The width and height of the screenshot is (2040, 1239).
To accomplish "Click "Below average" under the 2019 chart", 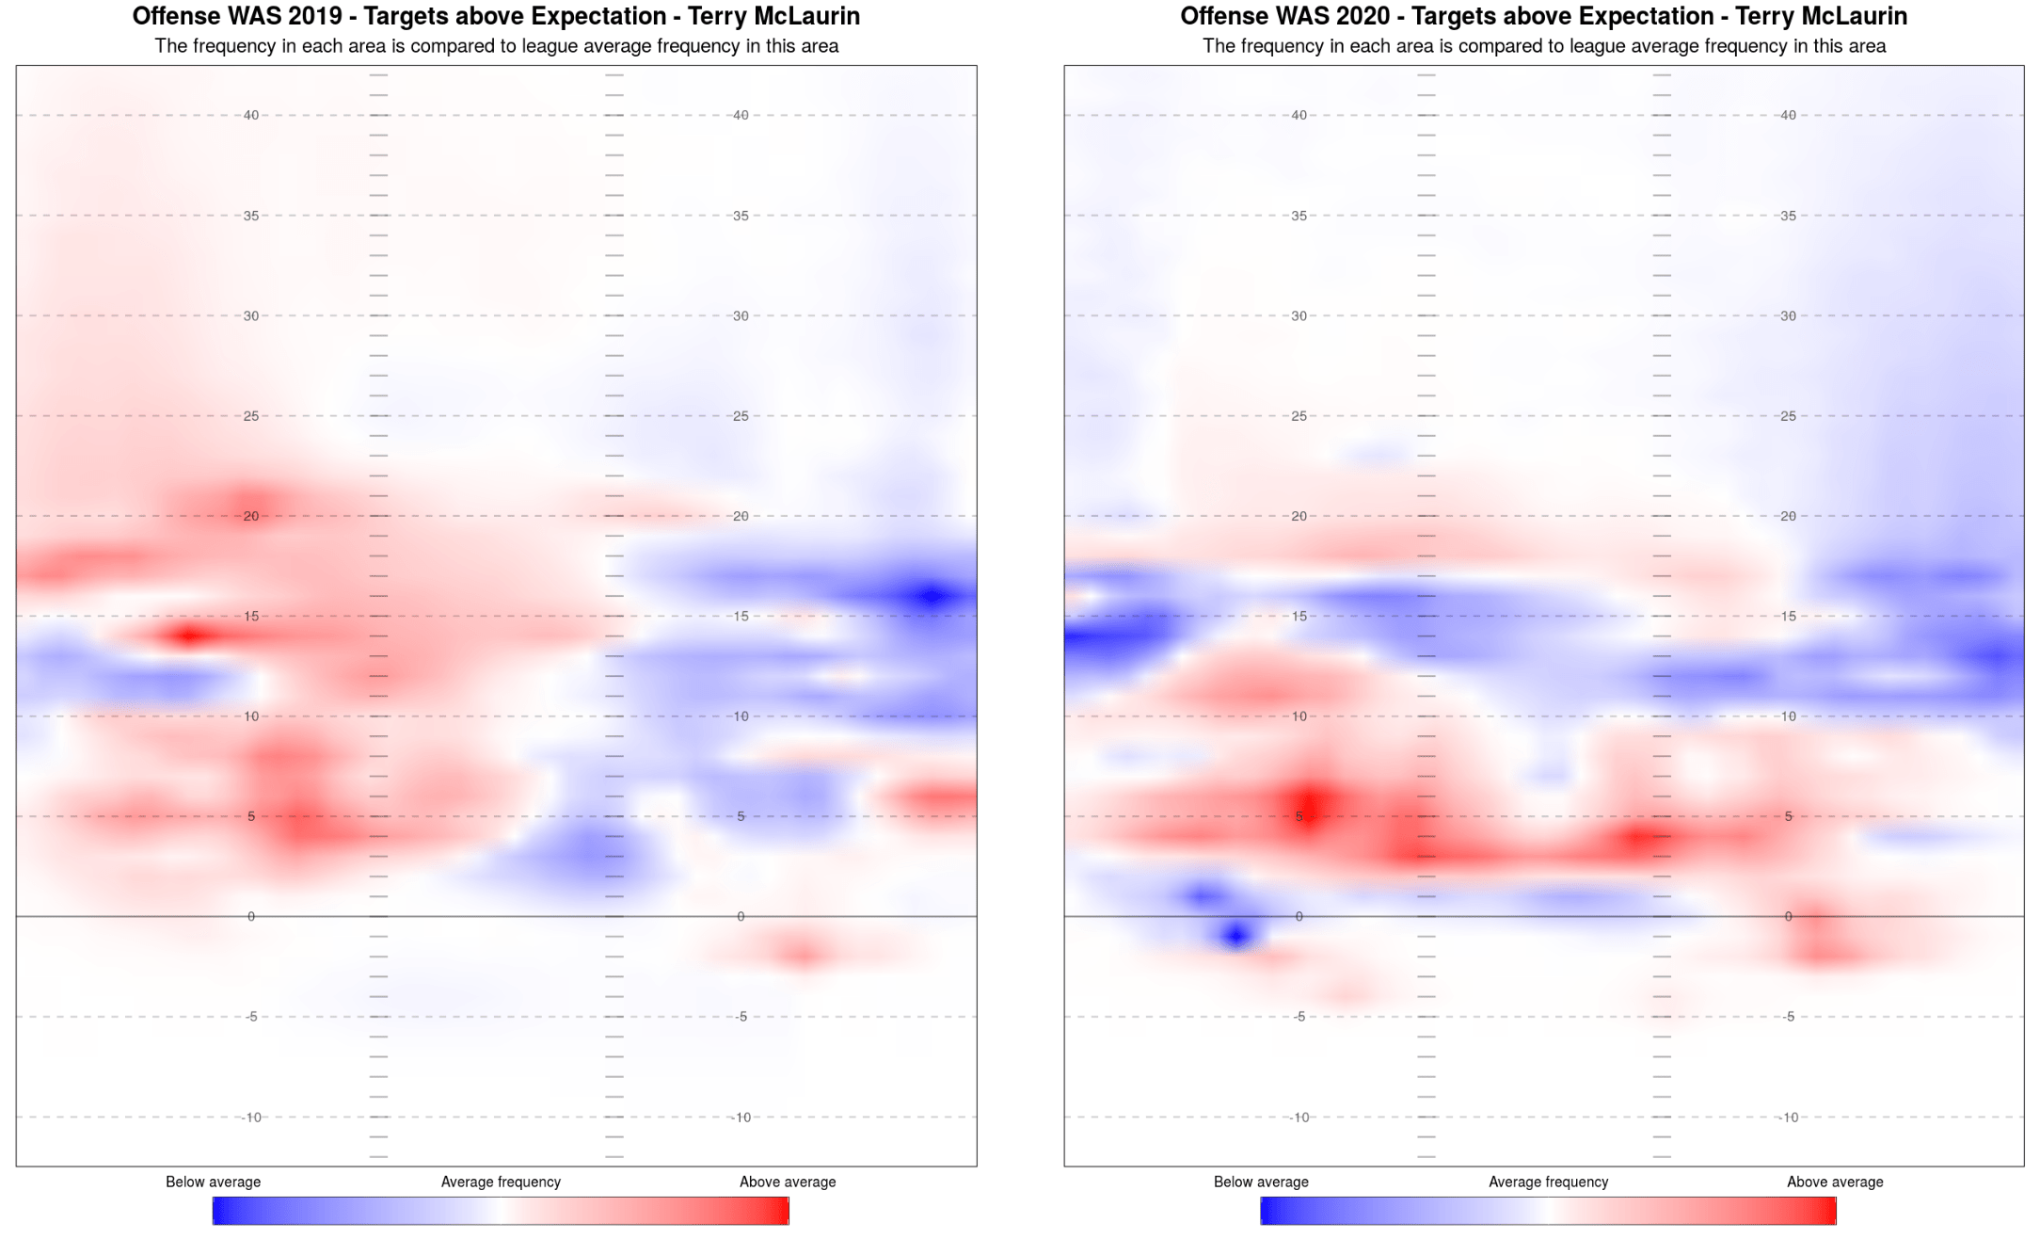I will [x=213, y=1182].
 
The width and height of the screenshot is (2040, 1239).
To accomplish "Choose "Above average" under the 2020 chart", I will [x=1835, y=1182].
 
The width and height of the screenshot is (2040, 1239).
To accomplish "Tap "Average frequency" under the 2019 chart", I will [x=501, y=1182].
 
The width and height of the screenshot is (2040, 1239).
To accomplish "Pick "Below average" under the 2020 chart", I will [x=1261, y=1182].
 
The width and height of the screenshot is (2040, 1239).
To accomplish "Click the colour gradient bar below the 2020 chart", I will [x=1548, y=1211].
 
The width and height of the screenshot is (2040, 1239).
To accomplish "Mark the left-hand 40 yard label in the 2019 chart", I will [x=251, y=116].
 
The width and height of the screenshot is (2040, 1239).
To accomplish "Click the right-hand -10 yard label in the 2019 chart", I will [x=741, y=1118].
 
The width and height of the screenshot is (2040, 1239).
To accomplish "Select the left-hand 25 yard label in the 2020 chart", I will [x=1299, y=416].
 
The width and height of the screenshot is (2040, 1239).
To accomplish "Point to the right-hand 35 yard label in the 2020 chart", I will [x=1788, y=216].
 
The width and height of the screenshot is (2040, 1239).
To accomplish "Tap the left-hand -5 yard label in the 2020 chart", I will [x=1299, y=1017].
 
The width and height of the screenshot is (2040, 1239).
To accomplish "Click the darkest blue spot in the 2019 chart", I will [x=932, y=595].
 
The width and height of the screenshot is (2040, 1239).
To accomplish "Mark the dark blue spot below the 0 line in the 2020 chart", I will [x=1235, y=935].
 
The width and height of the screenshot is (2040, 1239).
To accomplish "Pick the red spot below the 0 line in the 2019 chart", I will [x=803, y=955].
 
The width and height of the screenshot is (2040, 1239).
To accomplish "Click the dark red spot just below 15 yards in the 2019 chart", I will [x=189, y=636].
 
